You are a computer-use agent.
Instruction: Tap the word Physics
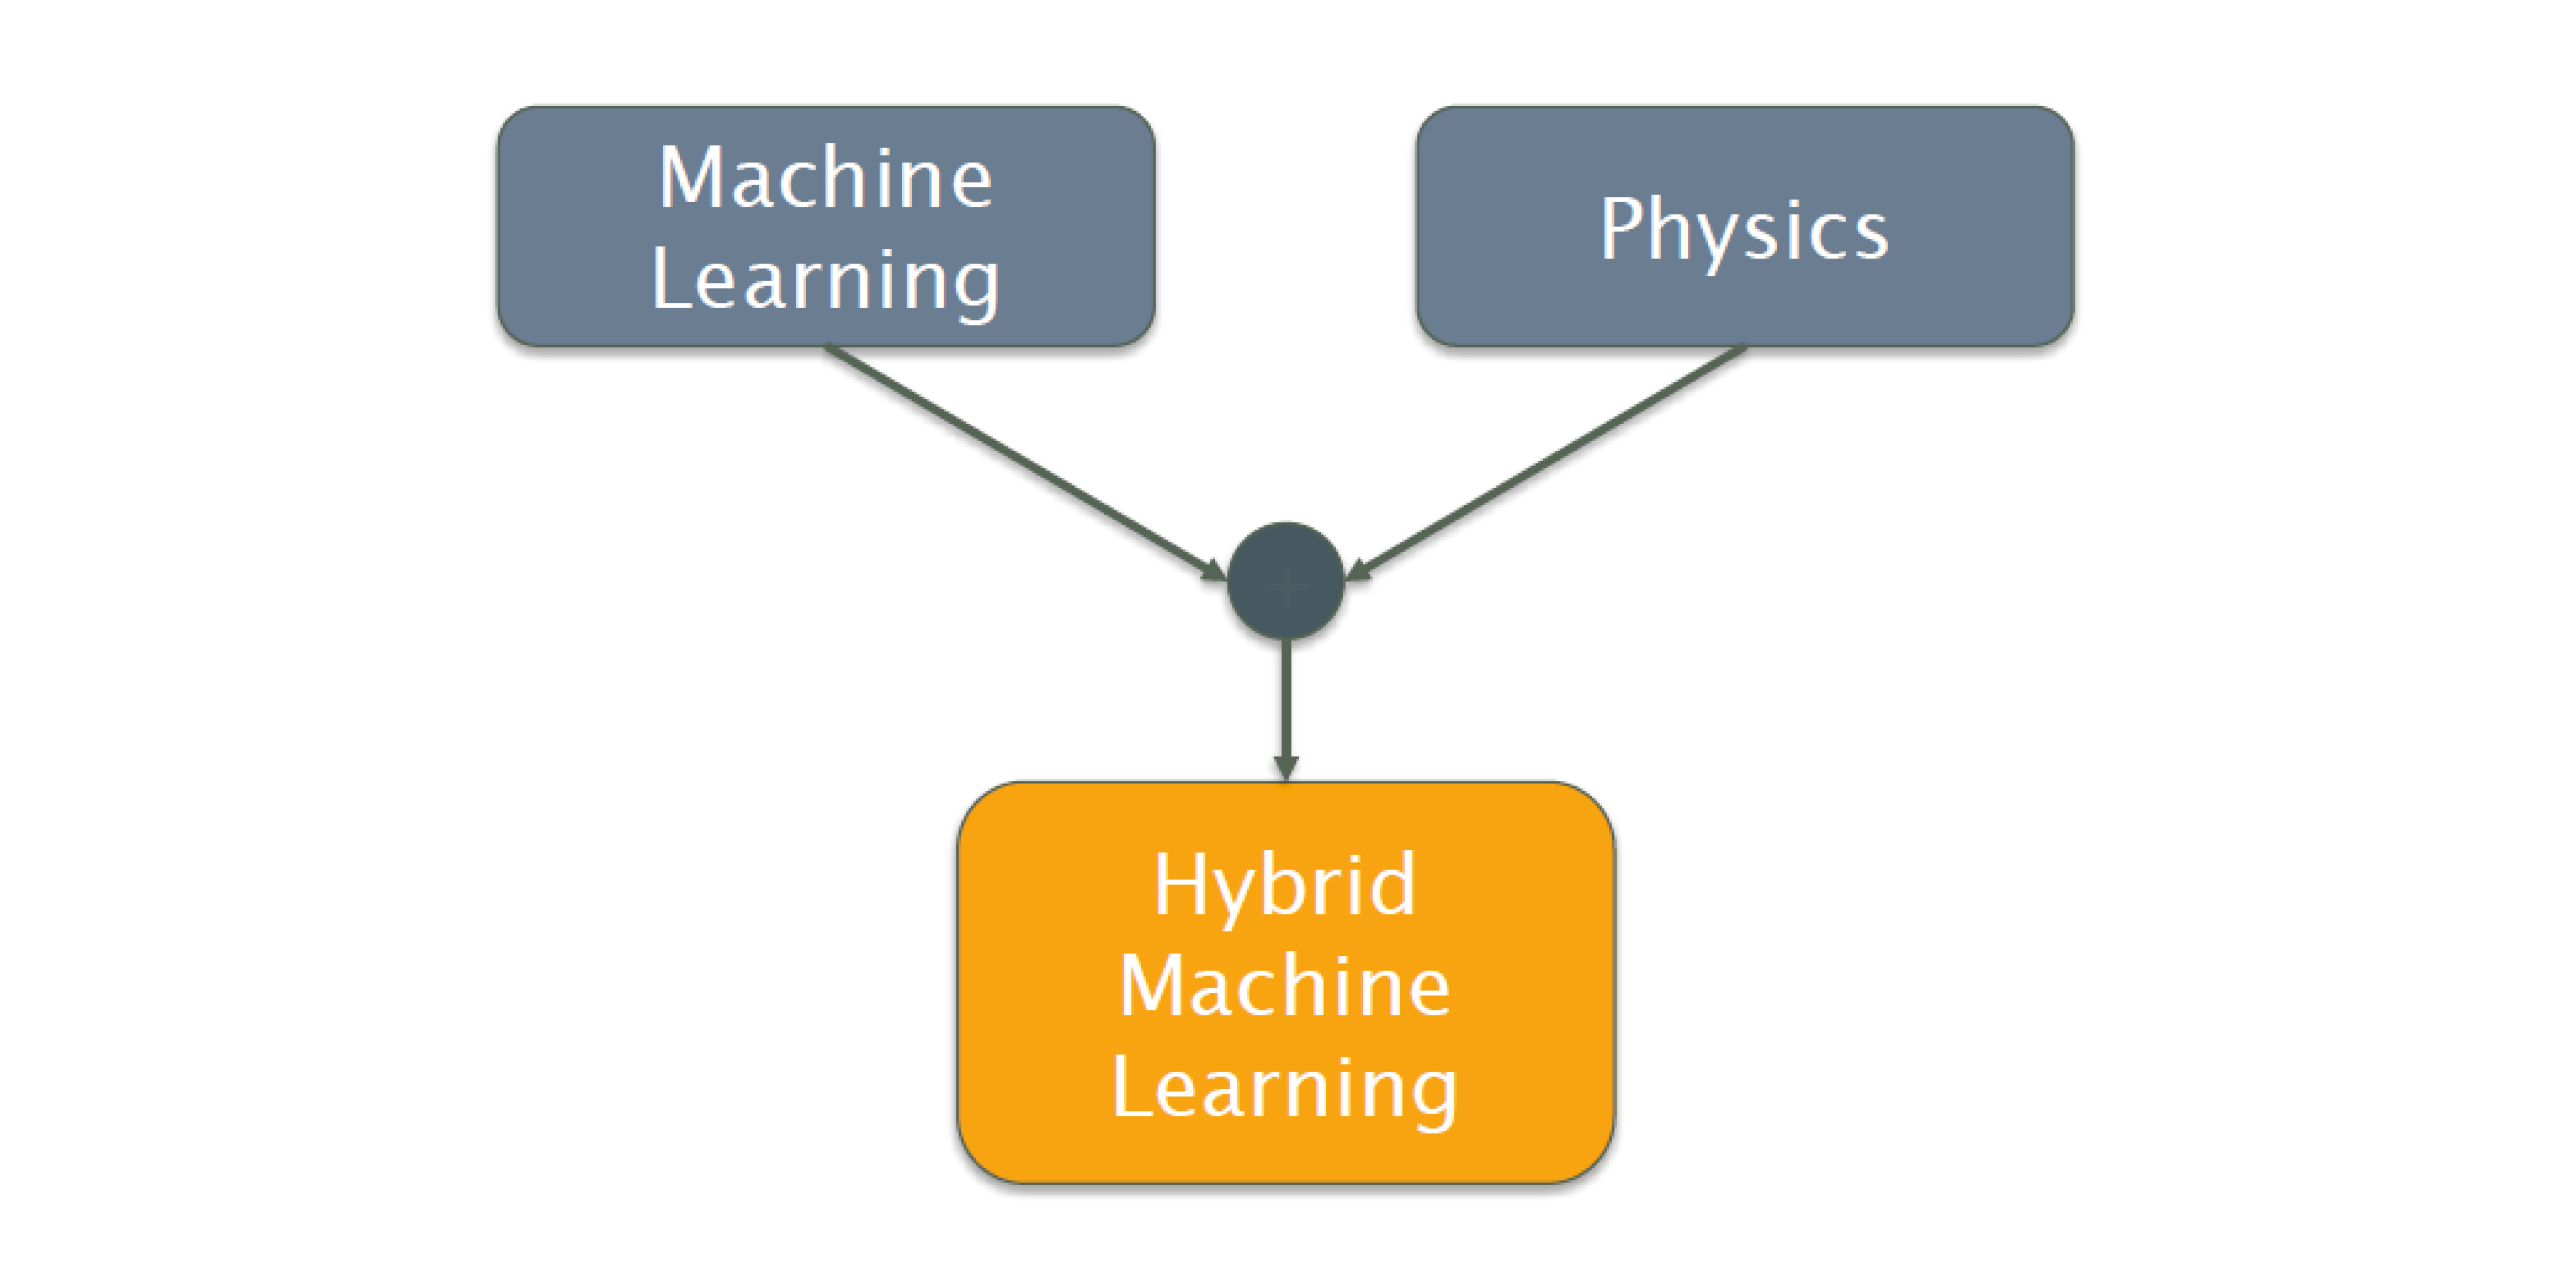[1744, 230]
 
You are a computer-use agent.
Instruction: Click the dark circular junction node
[1286, 580]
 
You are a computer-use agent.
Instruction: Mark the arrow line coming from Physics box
[1548, 461]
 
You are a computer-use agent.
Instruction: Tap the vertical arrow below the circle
[1286, 699]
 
